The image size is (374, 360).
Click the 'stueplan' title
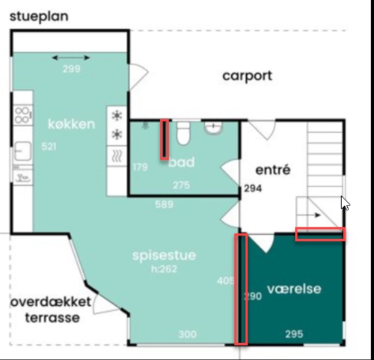point(39,16)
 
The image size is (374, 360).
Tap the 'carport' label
point(247,76)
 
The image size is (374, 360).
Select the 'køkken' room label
point(72,124)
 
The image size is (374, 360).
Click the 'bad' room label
point(181,163)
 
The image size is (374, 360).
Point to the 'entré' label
point(272,169)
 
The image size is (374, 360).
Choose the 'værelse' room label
point(294,289)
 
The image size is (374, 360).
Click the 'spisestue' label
point(164,255)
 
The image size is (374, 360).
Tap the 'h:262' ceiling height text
point(164,269)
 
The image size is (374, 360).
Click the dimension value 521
point(49,147)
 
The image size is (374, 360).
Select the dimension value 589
point(164,204)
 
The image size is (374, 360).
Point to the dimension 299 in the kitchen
point(71,69)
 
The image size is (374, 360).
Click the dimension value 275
point(181,185)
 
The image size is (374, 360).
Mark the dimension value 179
point(140,167)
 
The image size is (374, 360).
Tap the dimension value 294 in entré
point(252,189)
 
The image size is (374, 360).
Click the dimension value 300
point(187,334)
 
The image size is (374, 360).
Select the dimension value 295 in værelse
point(294,334)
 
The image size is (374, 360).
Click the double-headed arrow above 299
point(71,58)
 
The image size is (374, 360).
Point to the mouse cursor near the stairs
point(345,203)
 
